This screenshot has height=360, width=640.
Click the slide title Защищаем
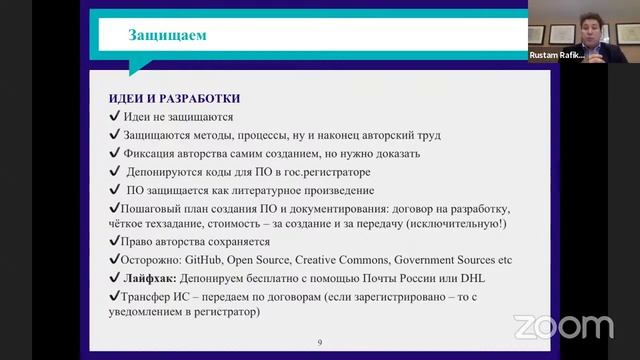coord(168,37)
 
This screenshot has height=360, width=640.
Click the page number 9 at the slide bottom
coord(319,343)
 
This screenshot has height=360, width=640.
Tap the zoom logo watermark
coord(563,327)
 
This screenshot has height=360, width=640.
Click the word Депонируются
coord(166,171)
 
